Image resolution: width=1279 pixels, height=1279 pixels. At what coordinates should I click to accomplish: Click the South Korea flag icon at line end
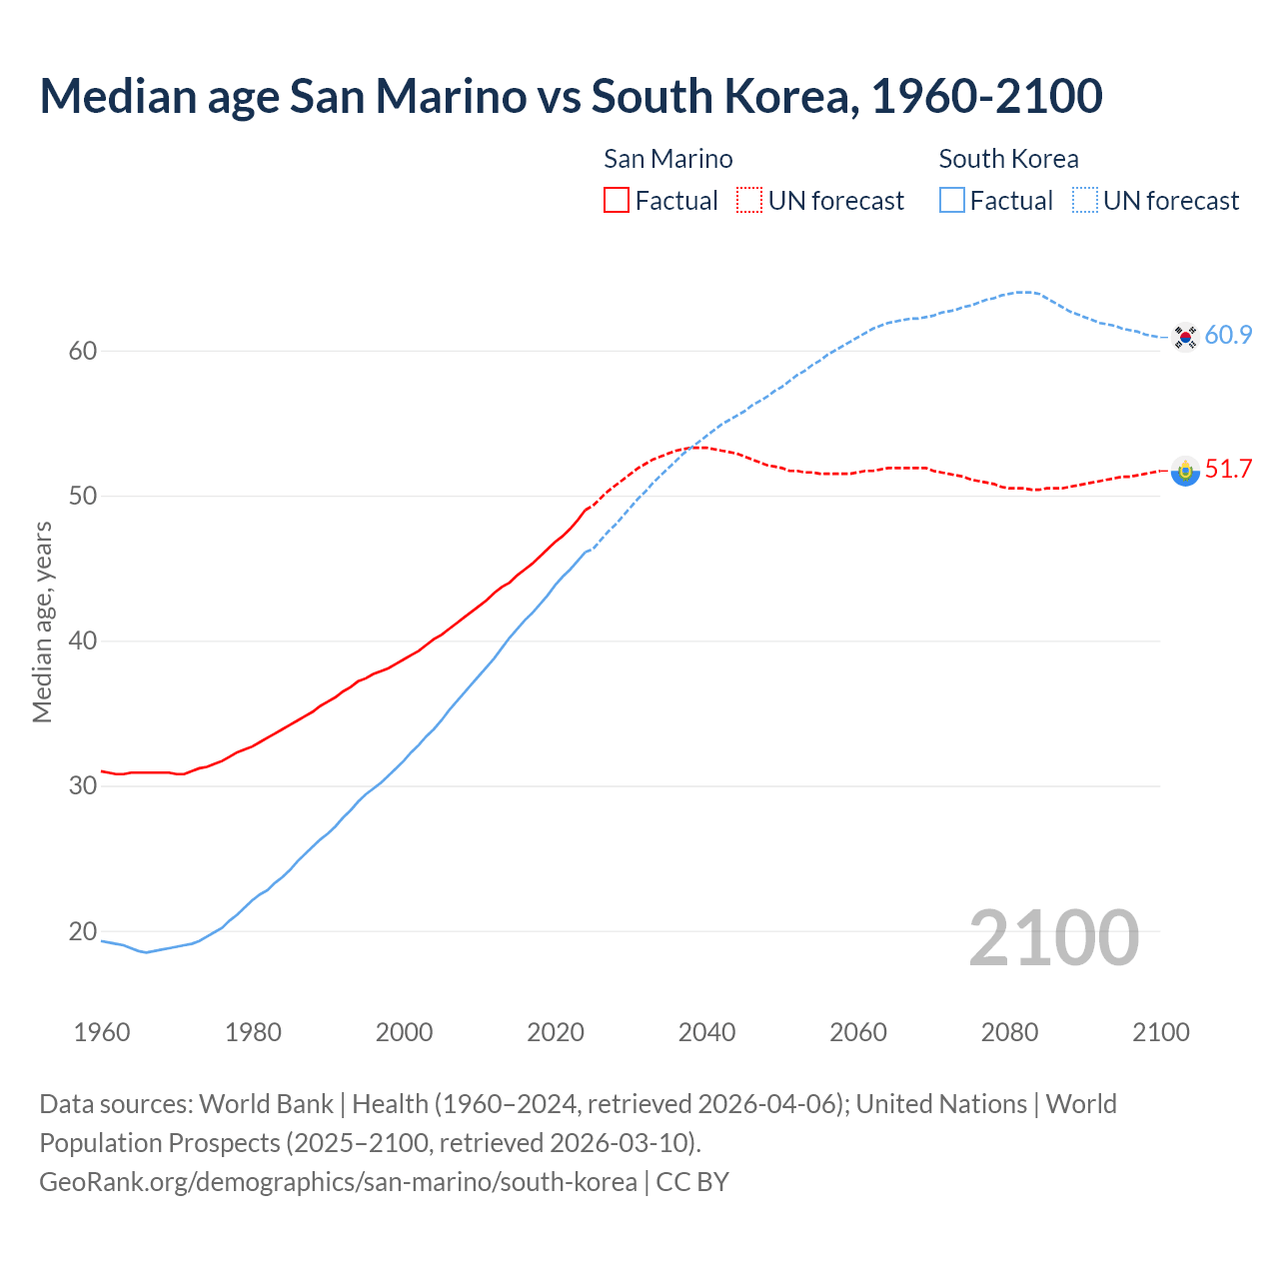tap(1185, 337)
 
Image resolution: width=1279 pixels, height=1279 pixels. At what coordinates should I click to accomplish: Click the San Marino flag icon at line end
tap(1185, 471)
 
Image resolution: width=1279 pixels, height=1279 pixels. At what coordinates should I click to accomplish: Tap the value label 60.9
tap(1228, 336)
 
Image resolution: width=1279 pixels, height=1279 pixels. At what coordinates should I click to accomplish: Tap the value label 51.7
tap(1228, 470)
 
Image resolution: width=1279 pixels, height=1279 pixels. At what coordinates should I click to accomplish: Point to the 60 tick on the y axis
tap(83, 351)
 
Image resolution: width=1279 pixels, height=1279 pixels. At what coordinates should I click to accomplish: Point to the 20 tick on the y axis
tap(83, 931)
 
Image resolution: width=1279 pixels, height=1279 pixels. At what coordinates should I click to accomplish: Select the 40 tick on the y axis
tap(83, 640)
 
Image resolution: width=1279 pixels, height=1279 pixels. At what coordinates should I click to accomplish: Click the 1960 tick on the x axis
tap(102, 1032)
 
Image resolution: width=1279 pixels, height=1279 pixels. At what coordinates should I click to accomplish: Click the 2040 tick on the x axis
tap(706, 1032)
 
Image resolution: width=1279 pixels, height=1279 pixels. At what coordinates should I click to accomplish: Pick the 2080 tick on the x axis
tap(1009, 1032)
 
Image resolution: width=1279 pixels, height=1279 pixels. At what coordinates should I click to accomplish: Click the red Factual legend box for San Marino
tap(617, 201)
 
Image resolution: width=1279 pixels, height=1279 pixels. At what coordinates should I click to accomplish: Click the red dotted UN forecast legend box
tap(749, 201)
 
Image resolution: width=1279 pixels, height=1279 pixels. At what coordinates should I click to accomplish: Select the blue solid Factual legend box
tap(952, 201)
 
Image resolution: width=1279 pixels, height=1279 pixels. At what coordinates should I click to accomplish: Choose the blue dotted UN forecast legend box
tap(1085, 201)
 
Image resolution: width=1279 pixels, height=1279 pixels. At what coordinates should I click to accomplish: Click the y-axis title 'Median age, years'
tap(42, 622)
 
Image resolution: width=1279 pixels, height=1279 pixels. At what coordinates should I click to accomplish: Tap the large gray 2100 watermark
tap(1053, 938)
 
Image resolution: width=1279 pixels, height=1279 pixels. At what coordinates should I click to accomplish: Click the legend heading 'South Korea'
tap(1008, 159)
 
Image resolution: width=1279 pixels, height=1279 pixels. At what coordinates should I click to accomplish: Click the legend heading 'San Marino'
tap(667, 159)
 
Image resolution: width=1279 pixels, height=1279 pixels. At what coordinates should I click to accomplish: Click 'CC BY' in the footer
tap(692, 1182)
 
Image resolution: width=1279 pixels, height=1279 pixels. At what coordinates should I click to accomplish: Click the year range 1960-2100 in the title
tap(986, 96)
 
